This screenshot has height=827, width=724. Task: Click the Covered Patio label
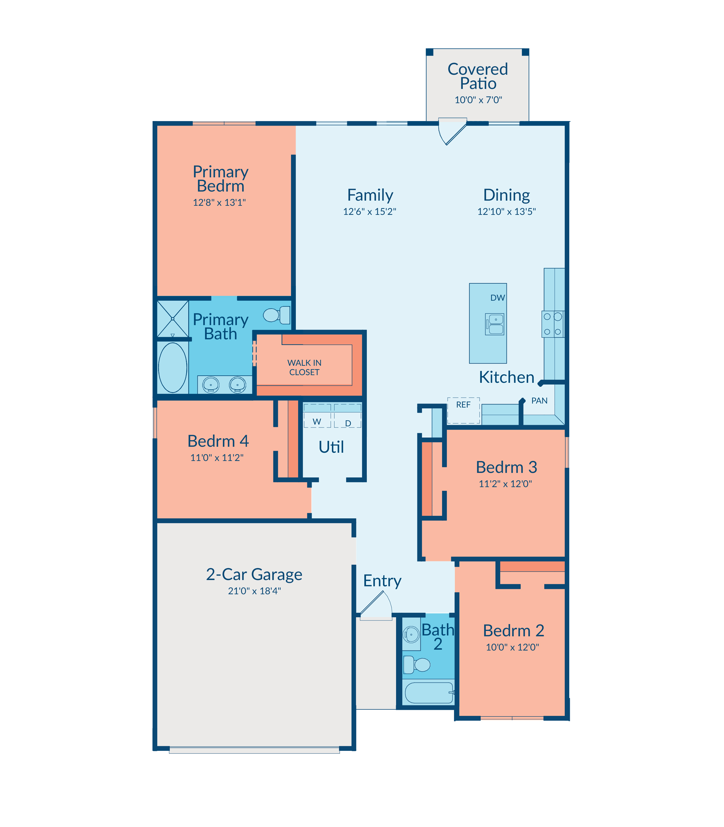coord(478,76)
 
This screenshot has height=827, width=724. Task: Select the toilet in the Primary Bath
coord(277,315)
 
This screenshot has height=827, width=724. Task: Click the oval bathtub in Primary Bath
coord(173,367)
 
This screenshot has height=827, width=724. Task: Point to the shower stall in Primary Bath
coord(173,319)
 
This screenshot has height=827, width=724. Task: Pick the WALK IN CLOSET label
coord(304,367)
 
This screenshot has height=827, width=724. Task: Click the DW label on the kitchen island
coord(497,298)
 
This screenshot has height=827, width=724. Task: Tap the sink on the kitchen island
coord(495,324)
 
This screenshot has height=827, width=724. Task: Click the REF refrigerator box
coord(463,410)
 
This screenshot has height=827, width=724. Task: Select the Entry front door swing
coord(376,605)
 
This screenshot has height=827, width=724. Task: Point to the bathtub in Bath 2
coord(429,693)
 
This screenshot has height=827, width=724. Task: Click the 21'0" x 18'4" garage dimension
coord(254,591)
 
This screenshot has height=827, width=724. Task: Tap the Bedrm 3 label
coord(506,467)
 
